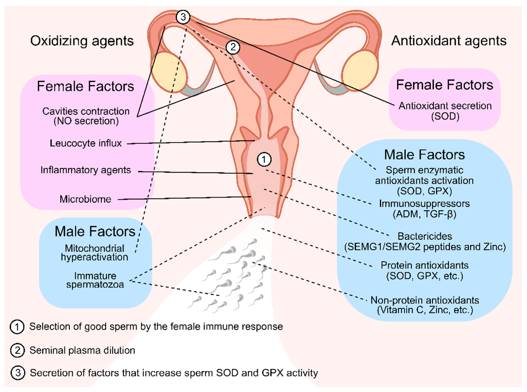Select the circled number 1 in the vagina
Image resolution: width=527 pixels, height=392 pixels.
tap(264, 159)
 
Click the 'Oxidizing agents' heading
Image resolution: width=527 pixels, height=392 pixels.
tap(82, 41)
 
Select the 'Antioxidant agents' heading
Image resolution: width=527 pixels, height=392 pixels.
tap(448, 41)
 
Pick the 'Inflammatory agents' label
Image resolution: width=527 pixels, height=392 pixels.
tap(86, 170)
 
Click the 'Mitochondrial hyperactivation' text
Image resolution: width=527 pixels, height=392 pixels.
tap(95, 252)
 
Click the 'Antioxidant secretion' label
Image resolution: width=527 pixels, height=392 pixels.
tap(445, 106)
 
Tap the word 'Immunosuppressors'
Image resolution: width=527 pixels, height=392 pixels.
tap(418, 203)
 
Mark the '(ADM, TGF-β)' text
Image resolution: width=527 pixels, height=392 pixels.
tap(418, 213)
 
